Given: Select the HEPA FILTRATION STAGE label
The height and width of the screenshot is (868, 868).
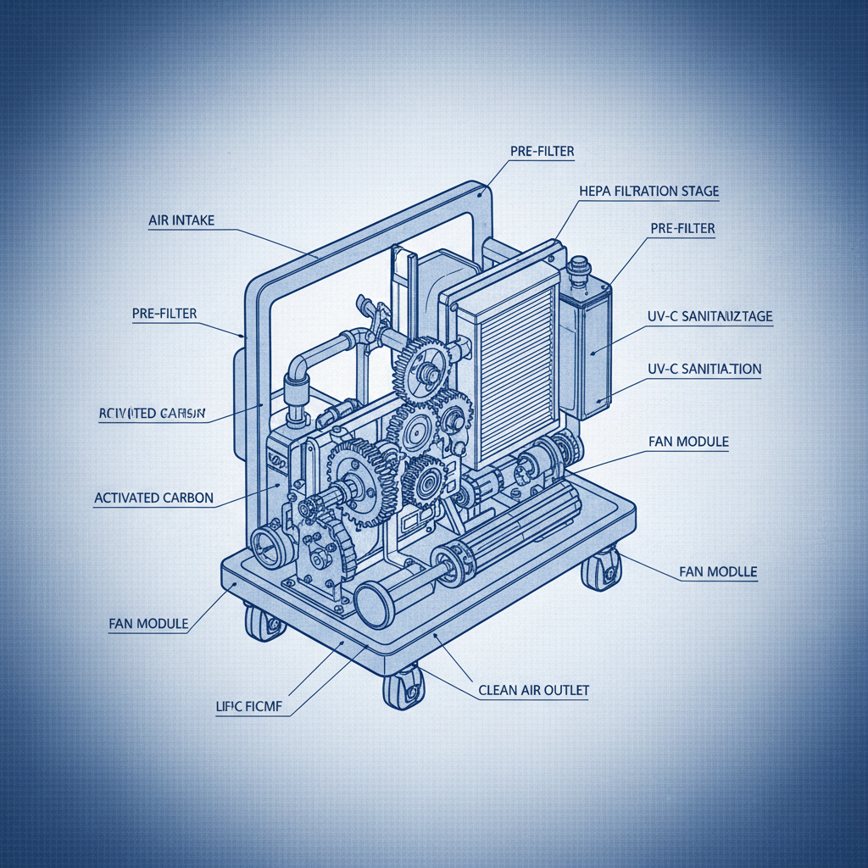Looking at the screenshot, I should (648, 192).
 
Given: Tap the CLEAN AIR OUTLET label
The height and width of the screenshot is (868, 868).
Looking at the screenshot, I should (533, 691).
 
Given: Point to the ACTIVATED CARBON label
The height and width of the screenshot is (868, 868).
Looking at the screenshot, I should (153, 498).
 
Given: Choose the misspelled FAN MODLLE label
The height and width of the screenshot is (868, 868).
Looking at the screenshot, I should (718, 572).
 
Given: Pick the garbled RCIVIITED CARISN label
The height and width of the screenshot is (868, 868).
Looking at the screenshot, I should (147, 414).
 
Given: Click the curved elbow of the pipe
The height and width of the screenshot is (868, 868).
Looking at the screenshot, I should (298, 368).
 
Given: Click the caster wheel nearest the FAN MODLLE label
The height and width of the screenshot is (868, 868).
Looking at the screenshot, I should (602, 570).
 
